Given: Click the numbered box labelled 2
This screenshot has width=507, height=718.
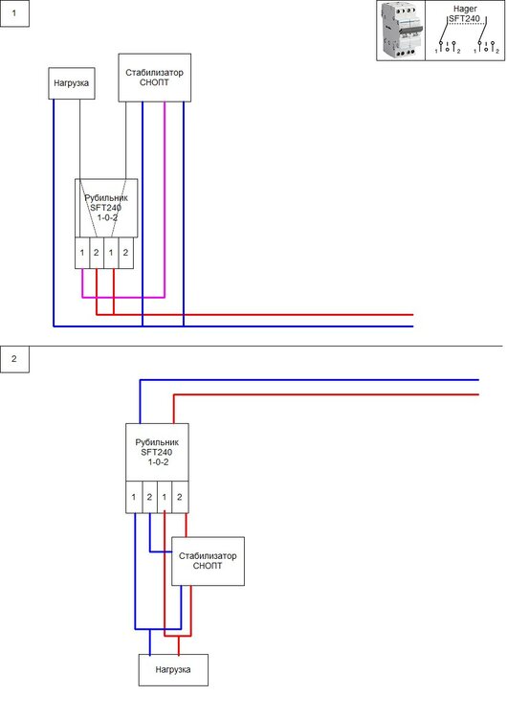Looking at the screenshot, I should [x=14, y=360].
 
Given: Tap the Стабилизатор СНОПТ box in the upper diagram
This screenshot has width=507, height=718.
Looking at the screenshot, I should [x=154, y=78].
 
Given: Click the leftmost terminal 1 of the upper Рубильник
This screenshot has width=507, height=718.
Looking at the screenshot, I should [x=83, y=253].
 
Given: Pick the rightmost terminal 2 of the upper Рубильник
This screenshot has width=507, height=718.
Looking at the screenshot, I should [x=125, y=253].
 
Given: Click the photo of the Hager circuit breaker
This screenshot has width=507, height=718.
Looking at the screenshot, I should [x=401, y=31].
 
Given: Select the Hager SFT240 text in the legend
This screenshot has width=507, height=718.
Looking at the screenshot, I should [x=464, y=13].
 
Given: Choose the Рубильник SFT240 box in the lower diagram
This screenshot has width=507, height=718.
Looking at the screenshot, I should [x=157, y=451].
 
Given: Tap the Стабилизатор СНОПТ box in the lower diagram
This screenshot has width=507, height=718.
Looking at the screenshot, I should [x=208, y=561].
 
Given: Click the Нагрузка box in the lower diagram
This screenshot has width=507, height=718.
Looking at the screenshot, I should [x=173, y=670].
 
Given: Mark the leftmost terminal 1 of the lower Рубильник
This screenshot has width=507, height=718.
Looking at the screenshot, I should [x=135, y=498].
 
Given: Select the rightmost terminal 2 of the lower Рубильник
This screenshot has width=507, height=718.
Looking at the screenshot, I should [x=179, y=498].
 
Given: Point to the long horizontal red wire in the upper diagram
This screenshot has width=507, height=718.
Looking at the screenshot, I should [x=287, y=314].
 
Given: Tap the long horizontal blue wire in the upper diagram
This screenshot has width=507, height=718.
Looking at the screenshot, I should [x=287, y=326].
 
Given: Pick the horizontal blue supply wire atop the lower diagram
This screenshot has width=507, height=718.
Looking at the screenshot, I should [x=316, y=380].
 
